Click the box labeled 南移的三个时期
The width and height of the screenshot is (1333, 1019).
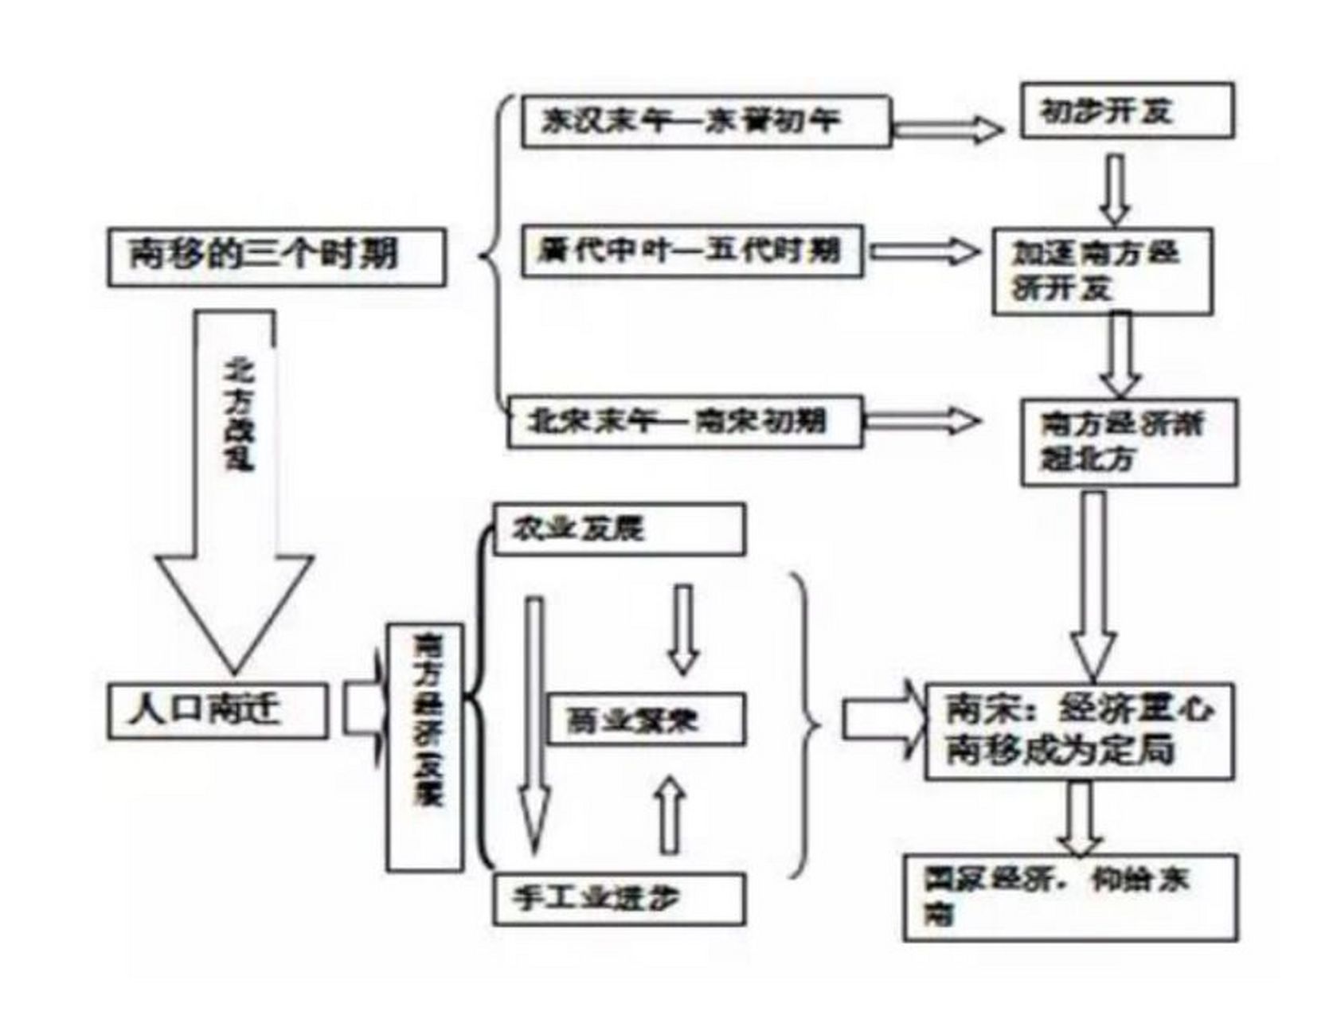pyautogui.click(x=276, y=257)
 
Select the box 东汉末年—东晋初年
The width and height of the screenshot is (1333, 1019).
pyautogui.click(x=706, y=122)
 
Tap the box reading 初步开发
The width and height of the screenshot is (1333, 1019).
pyautogui.click(x=1127, y=111)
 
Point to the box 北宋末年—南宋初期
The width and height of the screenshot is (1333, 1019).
pyautogui.click(x=685, y=421)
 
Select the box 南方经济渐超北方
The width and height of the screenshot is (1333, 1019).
pyautogui.click(x=1129, y=442)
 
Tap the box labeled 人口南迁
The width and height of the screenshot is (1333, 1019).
pyautogui.click(x=217, y=709)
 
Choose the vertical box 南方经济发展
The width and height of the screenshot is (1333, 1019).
pyautogui.click(x=425, y=747)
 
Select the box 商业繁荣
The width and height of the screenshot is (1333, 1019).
pyautogui.click(x=647, y=720)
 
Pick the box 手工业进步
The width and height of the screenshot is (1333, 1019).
pyautogui.click(x=619, y=899)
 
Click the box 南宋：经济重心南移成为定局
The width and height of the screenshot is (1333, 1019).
pyautogui.click(x=1079, y=731)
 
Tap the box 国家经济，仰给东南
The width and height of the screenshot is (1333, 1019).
pyautogui.click(x=1070, y=897)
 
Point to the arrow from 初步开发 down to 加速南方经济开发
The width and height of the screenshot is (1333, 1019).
pyautogui.click(x=1116, y=189)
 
